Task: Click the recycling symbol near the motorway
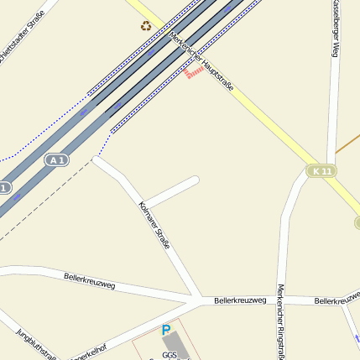pos(146,25)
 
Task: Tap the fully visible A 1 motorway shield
pos(56,159)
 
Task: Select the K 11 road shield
pos(321,171)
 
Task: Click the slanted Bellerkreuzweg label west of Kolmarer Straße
pos(89,280)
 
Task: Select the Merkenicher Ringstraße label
pos(280,323)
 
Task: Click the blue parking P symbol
pos(165,331)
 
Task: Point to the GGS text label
pos(170,355)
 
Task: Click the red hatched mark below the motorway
pos(194,73)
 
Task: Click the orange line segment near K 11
pos(347,143)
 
